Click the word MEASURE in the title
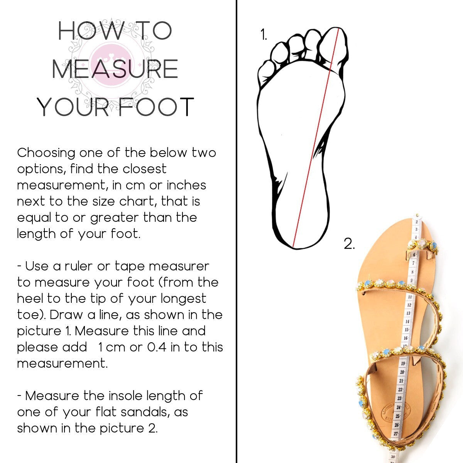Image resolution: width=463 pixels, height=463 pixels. (x=115, y=69)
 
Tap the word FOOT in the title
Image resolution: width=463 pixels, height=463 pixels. (x=156, y=107)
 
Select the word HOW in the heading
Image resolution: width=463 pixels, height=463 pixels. (x=90, y=31)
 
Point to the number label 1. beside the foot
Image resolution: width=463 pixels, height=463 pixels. (x=264, y=34)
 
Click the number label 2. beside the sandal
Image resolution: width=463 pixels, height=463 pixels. (x=349, y=243)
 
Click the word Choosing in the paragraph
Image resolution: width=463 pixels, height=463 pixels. (x=46, y=153)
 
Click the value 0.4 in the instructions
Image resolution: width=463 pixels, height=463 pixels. (x=157, y=347)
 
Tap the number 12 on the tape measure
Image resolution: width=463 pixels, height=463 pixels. (x=409, y=305)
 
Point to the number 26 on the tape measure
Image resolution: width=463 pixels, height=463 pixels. (x=397, y=425)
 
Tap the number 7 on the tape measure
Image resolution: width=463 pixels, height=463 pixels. (x=413, y=264)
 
